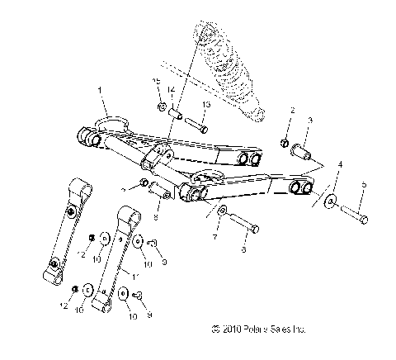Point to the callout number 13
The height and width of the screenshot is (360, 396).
[x=206, y=105]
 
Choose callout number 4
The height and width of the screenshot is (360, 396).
[x=339, y=166]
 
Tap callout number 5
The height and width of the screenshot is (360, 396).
[x=364, y=185]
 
